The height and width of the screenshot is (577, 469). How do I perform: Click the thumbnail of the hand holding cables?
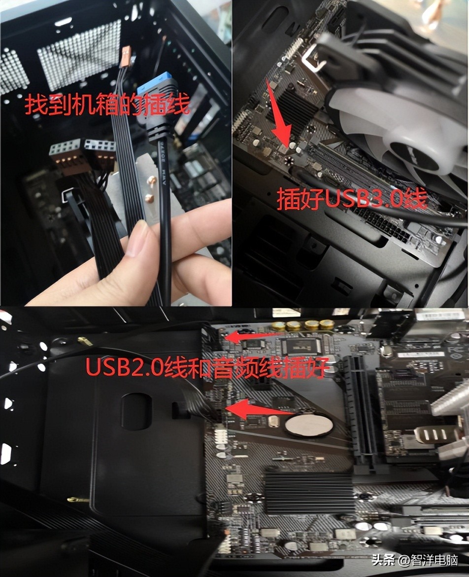[116, 153]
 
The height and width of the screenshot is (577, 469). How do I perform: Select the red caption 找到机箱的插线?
[107, 105]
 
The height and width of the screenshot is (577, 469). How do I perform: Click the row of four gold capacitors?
[302, 325]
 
